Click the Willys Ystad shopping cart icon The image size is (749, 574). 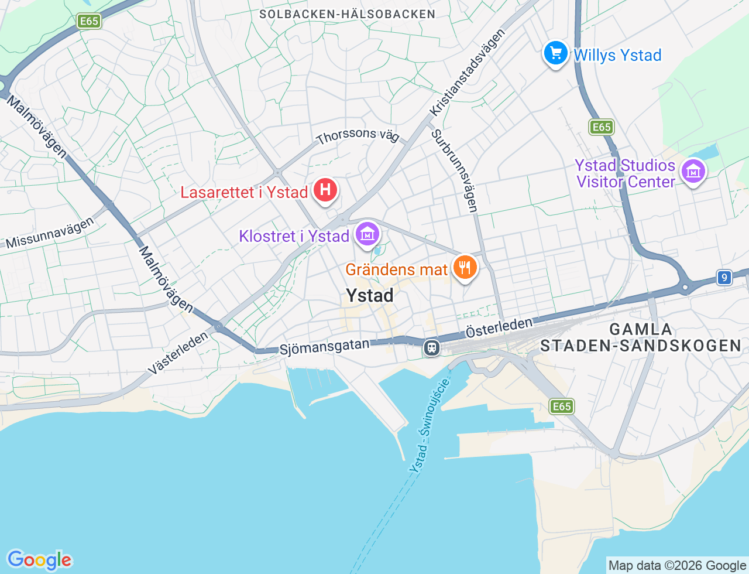tap(556, 54)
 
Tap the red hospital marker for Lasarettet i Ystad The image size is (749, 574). tap(325, 190)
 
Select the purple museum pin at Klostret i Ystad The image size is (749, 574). tap(367, 234)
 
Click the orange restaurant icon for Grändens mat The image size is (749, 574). tap(465, 268)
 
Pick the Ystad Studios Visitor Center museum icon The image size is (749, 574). tap(693, 172)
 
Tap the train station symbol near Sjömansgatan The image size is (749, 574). tap(432, 347)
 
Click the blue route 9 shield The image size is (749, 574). tap(724, 277)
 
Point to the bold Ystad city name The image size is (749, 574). tap(369, 296)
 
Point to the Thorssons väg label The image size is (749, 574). tap(358, 136)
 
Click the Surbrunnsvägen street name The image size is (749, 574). tap(455, 170)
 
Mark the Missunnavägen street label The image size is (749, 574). tap(49, 233)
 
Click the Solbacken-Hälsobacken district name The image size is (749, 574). tap(347, 14)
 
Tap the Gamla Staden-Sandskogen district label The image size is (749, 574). tap(641, 337)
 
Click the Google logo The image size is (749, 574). tap(39, 560)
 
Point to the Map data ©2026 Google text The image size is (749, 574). tap(677, 565)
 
